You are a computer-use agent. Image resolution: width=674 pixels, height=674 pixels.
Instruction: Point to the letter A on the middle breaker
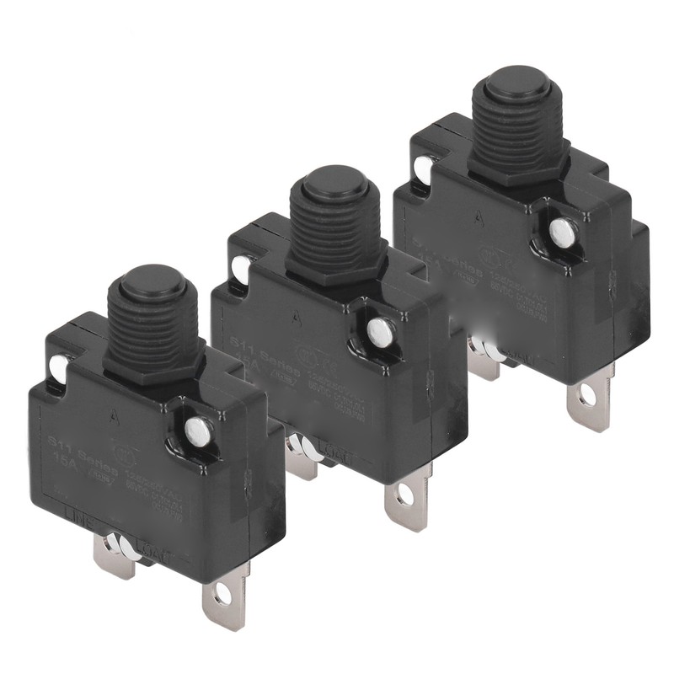tap(296, 319)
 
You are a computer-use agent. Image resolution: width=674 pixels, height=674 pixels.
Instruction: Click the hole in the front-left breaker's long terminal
tap(222, 595)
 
